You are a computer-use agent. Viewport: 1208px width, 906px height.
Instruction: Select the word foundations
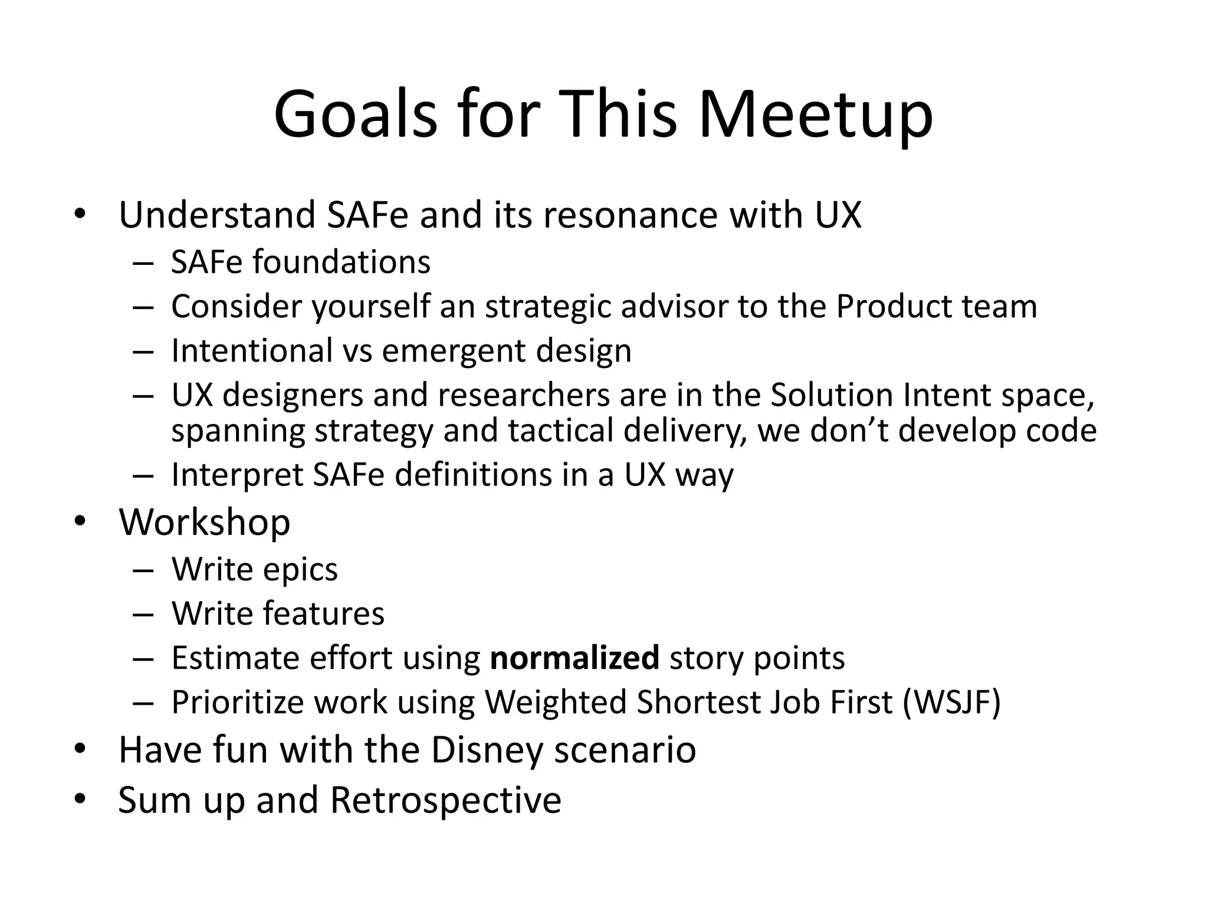point(342,262)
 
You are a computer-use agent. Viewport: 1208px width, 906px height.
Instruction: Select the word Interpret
point(237,475)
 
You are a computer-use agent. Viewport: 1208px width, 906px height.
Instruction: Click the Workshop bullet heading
point(205,522)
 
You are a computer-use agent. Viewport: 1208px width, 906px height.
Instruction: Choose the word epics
point(300,570)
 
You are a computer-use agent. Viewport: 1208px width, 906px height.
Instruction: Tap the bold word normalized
point(574,658)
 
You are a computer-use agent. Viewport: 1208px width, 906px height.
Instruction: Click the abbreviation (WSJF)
point(951,702)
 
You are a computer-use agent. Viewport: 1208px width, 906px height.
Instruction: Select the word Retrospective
point(445,800)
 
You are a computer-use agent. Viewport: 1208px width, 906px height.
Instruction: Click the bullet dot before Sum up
point(81,800)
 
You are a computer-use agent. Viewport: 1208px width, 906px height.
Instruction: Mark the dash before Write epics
point(143,570)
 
